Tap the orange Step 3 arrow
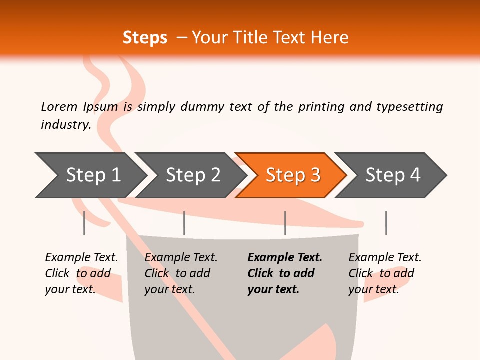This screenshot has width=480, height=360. (x=293, y=175)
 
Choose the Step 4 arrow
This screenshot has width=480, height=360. (x=393, y=175)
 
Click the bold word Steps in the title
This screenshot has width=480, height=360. (x=145, y=38)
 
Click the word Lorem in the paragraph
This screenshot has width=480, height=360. (x=59, y=106)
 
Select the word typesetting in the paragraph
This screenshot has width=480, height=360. (x=409, y=106)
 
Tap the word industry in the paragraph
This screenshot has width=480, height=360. (x=65, y=124)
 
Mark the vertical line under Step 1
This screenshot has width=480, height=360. (x=84, y=223)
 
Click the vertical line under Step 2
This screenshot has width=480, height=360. (x=184, y=223)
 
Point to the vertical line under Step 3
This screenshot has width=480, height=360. (x=285, y=223)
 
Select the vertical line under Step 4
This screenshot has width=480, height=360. (x=386, y=223)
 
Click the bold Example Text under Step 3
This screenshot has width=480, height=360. (x=285, y=257)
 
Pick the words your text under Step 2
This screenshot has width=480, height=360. (x=170, y=289)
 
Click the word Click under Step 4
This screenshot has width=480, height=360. (x=361, y=273)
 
